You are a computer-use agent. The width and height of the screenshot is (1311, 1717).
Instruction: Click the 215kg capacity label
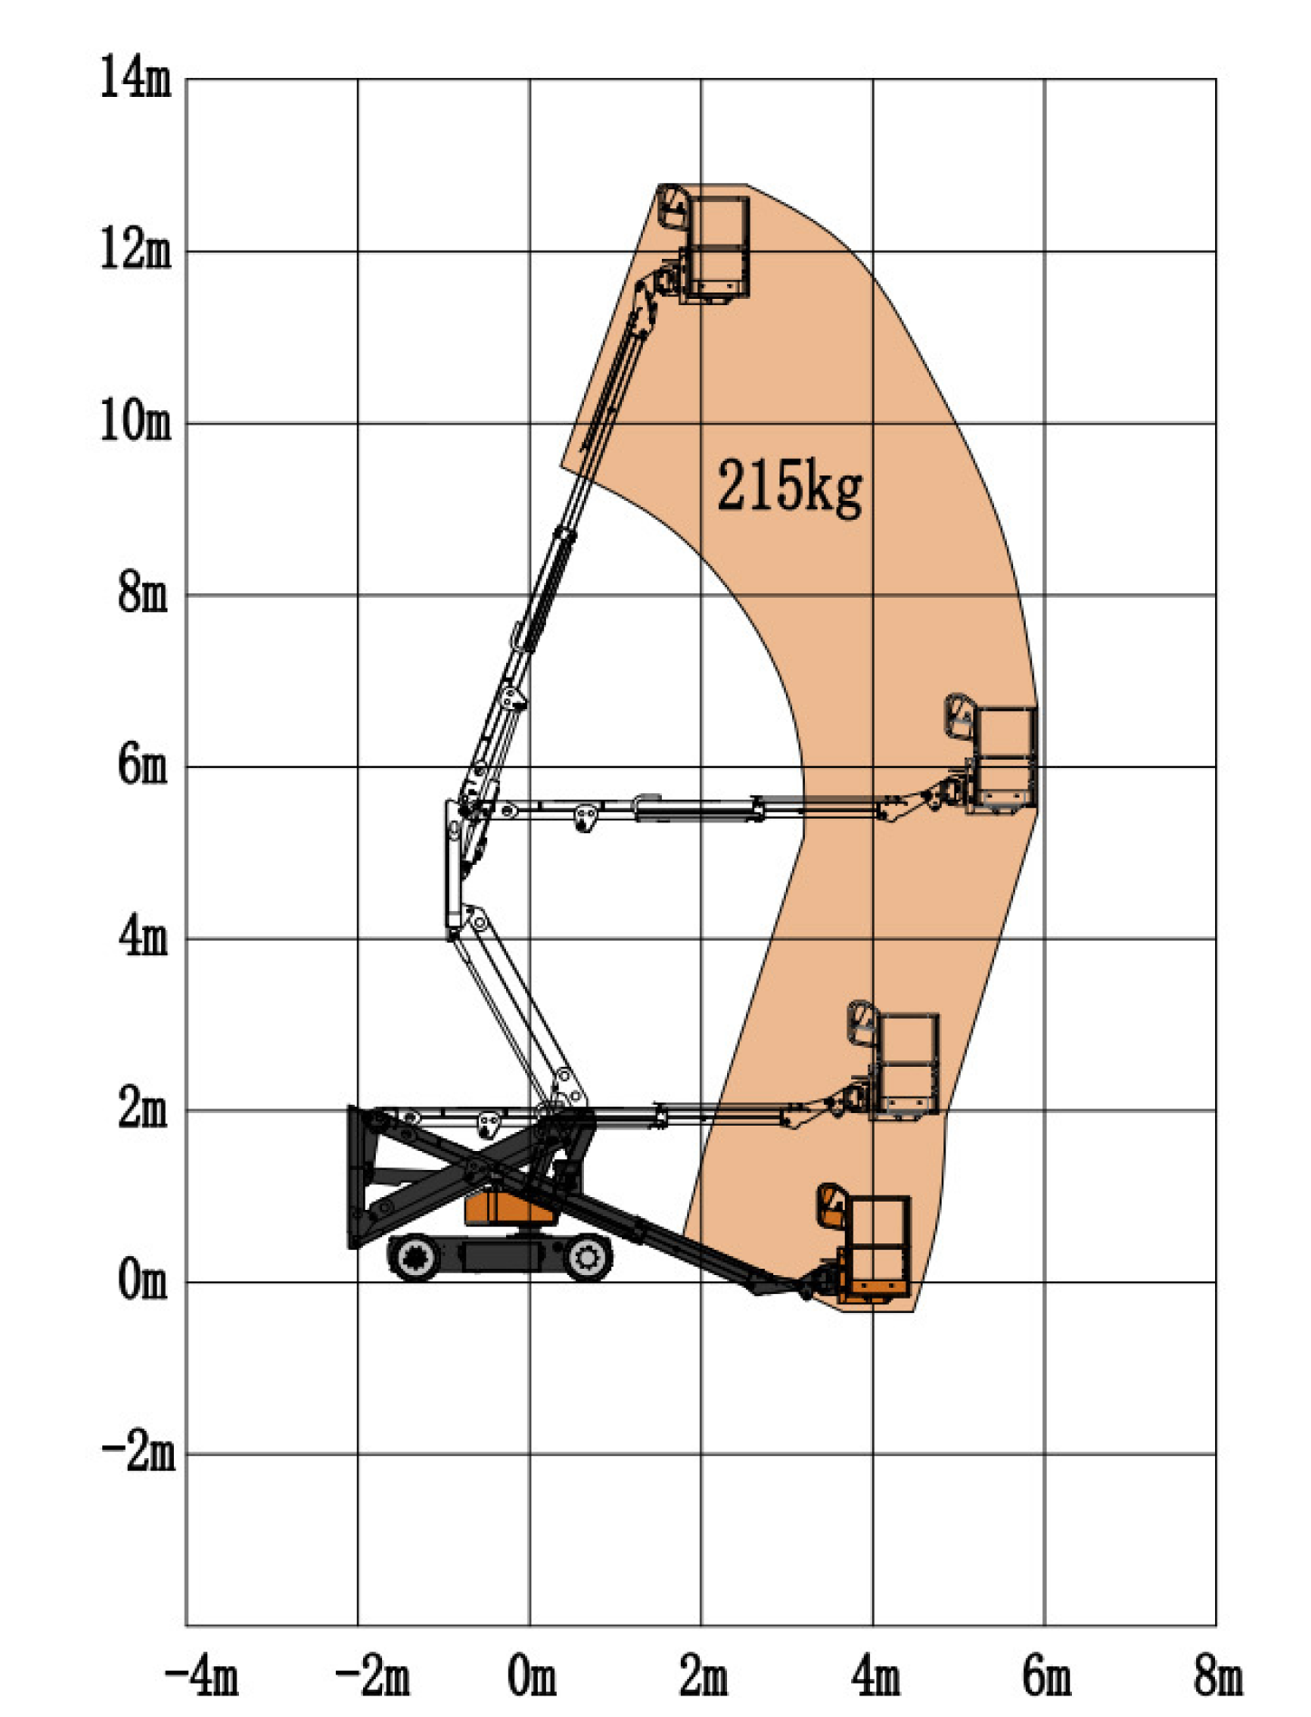789,486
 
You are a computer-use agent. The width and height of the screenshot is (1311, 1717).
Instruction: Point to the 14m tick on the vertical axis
135,77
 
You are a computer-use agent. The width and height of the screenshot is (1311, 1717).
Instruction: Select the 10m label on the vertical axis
135,421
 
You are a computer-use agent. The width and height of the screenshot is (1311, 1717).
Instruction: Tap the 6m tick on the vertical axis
143,765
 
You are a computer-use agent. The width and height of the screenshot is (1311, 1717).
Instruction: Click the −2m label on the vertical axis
138,1453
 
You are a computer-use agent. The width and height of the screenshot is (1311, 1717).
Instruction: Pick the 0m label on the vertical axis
143,1281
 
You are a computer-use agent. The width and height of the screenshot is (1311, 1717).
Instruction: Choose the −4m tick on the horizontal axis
201,1675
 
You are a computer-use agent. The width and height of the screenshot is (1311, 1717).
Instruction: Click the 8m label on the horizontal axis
1218,1675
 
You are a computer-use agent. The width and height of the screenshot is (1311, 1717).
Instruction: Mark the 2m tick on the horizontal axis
703,1675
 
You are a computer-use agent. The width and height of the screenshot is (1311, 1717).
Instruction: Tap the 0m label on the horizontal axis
531,1675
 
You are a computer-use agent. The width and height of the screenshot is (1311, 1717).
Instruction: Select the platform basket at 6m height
1003,759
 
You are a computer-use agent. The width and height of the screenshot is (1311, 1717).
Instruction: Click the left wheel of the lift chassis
416,1257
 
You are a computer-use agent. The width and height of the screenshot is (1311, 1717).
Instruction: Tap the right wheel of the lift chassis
586,1257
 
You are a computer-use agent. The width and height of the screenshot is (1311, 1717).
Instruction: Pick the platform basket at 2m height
905,1064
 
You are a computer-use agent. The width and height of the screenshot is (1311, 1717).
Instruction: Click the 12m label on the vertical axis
135,249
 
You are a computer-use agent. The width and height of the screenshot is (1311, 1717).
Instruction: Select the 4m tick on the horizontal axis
876,1675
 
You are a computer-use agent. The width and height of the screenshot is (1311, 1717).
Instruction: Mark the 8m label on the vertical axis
143,593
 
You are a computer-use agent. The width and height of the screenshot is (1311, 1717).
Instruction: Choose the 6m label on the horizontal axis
1047,1675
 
